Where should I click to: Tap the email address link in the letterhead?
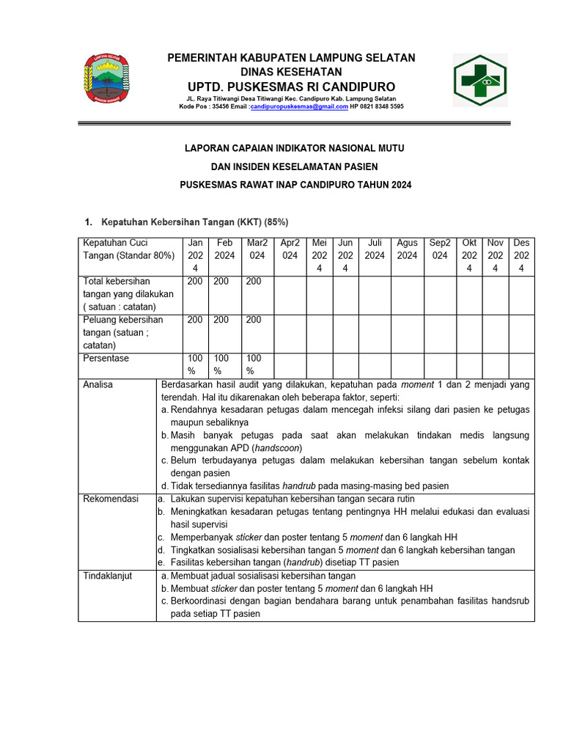tap(299, 106)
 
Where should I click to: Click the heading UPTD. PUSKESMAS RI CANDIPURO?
tap(291, 87)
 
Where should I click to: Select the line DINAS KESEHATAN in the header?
tap(291, 72)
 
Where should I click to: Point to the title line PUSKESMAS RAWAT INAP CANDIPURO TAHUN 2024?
tap(296, 186)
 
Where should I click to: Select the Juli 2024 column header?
tap(375, 249)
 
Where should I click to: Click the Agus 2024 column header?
tap(407, 249)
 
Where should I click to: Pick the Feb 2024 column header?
tap(224, 249)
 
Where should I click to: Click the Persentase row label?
tap(106, 358)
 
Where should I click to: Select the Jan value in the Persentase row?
tap(195, 364)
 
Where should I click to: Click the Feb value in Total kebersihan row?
tap(221, 281)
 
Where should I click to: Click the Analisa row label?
tap(97, 384)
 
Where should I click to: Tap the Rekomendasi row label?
tap(111, 499)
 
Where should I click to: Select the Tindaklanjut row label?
tap(108, 576)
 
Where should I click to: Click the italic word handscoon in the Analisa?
tap(276, 447)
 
